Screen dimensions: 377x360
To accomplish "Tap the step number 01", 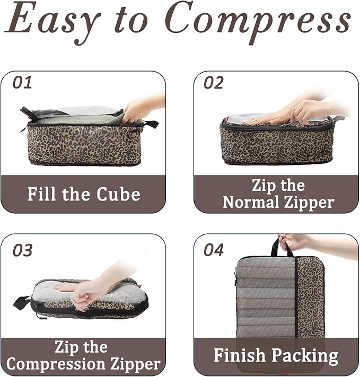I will pos(22,82).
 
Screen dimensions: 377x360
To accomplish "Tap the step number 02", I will pos(213,82).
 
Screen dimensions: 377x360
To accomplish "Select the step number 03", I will pos(22,250).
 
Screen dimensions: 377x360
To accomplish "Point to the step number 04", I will pos(214,250).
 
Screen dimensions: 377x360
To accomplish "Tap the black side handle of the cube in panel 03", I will pos(22,303).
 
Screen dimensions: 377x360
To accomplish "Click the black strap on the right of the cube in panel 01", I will pos(151,124).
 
